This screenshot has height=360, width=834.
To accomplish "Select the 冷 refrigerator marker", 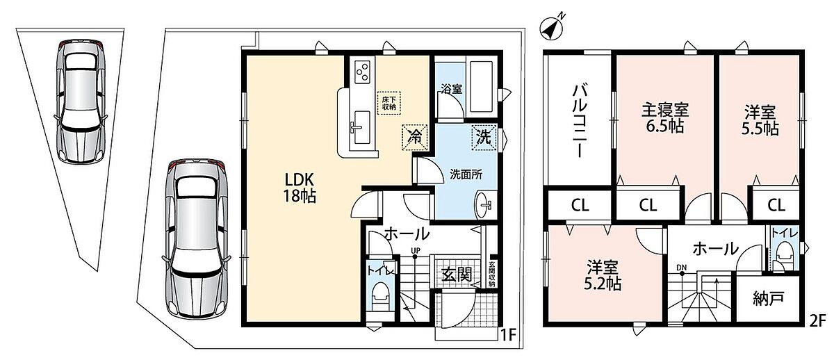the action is pyautogui.click(x=414, y=138).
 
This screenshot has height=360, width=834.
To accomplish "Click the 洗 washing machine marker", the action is pyautogui.click(x=484, y=138).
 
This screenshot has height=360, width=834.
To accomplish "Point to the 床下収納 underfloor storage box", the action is pyautogui.click(x=389, y=103).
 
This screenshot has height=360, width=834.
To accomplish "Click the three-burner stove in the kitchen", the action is pyautogui.click(x=362, y=72).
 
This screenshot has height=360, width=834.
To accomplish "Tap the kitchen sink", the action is pyautogui.click(x=361, y=127).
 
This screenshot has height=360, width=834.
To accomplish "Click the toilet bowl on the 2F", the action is pyautogui.click(x=783, y=254).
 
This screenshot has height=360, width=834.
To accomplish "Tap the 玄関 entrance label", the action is pyautogui.click(x=457, y=275).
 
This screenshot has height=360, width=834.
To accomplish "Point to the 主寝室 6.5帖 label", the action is pyautogui.click(x=665, y=118).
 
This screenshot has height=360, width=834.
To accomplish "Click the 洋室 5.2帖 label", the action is pyautogui.click(x=602, y=275).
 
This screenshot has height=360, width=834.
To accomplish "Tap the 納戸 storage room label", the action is pyautogui.click(x=769, y=299).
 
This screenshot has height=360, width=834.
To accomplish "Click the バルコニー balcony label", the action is pyautogui.click(x=579, y=122).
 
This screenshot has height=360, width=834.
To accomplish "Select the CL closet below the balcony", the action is pyautogui.click(x=580, y=206).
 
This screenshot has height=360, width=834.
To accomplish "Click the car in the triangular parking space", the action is pyautogui.click(x=80, y=101).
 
